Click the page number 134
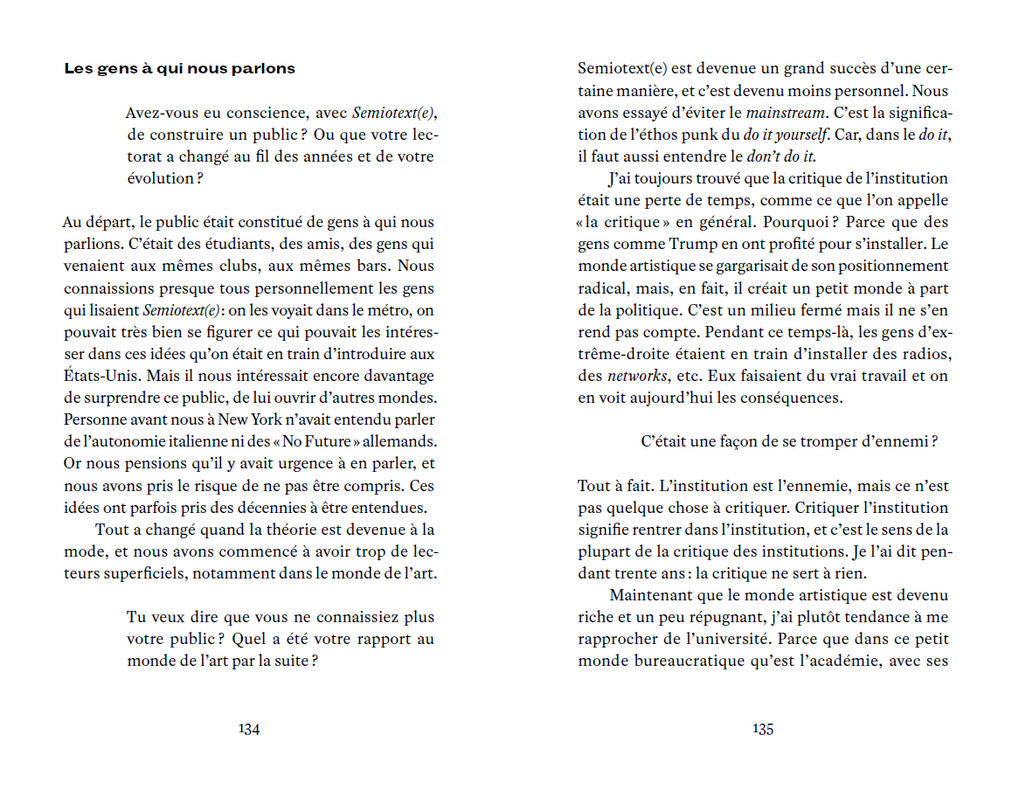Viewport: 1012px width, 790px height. coord(249,730)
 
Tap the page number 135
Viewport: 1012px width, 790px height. coord(763,730)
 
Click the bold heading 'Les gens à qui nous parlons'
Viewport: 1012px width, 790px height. coord(179,68)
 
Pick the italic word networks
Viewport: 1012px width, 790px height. coord(636,376)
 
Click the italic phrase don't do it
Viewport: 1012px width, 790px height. coord(780,156)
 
